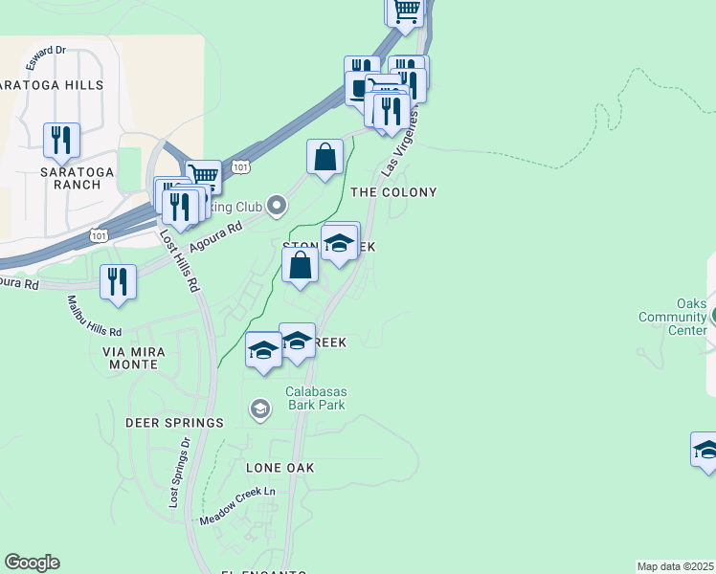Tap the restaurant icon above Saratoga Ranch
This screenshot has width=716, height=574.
[61, 140]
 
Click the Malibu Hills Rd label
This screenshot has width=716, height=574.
[94, 316]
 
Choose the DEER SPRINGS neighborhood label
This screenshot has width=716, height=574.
[174, 422]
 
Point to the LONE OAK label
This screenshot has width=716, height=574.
[280, 468]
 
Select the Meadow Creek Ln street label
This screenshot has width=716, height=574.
[237, 507]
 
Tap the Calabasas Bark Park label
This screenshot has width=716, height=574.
[315, 398]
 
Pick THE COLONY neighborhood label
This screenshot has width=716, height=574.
[393, 192]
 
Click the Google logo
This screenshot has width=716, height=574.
[32, 563]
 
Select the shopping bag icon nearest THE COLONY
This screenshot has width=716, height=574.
[325, 157]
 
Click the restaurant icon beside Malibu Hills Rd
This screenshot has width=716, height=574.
[118, 282]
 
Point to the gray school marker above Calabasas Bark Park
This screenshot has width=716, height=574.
[258, 410]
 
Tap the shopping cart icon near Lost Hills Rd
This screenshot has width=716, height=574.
[203, 176]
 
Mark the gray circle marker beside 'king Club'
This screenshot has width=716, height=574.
[277, 205]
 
